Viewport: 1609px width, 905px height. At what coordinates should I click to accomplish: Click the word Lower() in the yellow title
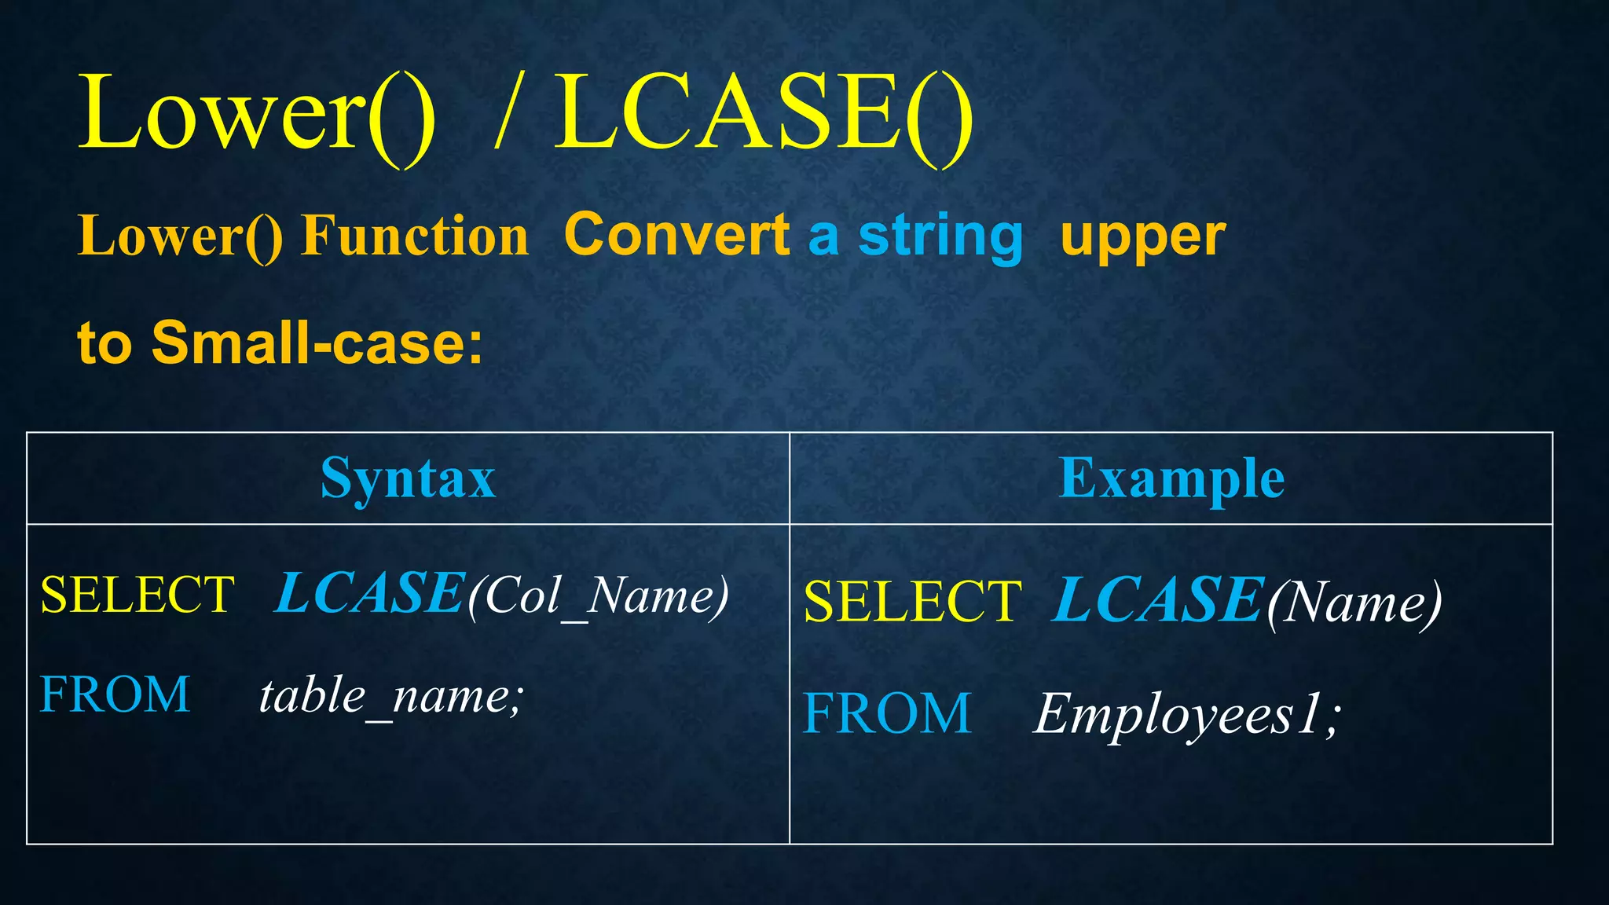point(256,114)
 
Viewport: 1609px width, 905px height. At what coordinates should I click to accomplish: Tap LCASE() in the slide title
point(764,114)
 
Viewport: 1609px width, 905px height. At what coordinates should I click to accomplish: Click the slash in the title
point(508,114)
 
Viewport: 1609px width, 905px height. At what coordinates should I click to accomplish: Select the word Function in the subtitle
point(415,236)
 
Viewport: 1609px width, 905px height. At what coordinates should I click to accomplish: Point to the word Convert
point(676,235)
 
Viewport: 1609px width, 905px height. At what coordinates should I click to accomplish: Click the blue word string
point(940,236)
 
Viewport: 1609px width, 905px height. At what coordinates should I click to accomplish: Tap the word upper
point(1142,236)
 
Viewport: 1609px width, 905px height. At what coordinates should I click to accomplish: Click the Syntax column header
point(408,478)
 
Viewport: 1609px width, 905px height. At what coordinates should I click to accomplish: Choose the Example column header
point(1171,478)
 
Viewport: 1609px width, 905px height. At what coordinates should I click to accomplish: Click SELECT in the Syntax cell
point(137,595)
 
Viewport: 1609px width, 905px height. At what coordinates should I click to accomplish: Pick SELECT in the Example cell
point(913,602)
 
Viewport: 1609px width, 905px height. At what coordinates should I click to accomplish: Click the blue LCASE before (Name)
point(1157,600)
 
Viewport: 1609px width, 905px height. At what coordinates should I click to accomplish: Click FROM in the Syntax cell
point(115,694)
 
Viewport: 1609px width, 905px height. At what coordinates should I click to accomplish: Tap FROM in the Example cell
point(887,713)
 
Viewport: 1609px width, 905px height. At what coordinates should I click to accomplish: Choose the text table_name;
point(391,697)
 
